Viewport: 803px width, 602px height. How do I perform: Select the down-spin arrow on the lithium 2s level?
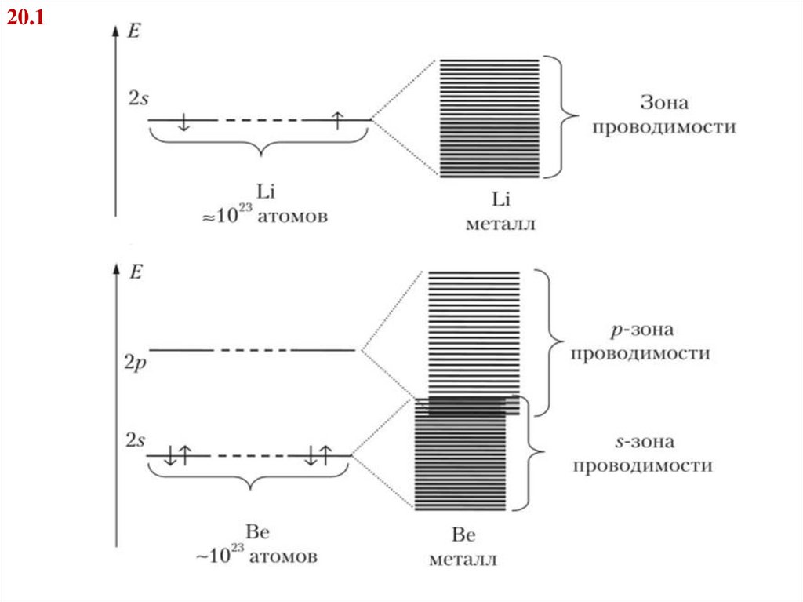[183, 121]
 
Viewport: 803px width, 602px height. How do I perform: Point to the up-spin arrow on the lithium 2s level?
[336, 119]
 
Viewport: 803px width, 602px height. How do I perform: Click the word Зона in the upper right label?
[663, 103]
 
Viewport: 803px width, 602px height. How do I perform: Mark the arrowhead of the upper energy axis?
[115, 29]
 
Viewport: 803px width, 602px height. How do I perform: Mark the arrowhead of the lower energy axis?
[115, 268]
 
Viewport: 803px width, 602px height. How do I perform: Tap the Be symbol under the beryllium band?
[462, 536]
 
